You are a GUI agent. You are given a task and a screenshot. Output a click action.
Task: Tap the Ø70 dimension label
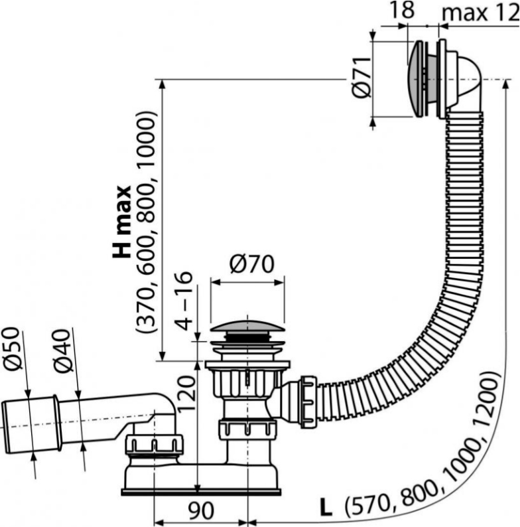[247, 265]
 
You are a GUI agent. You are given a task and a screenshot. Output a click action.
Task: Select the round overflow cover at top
[421, 79]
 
